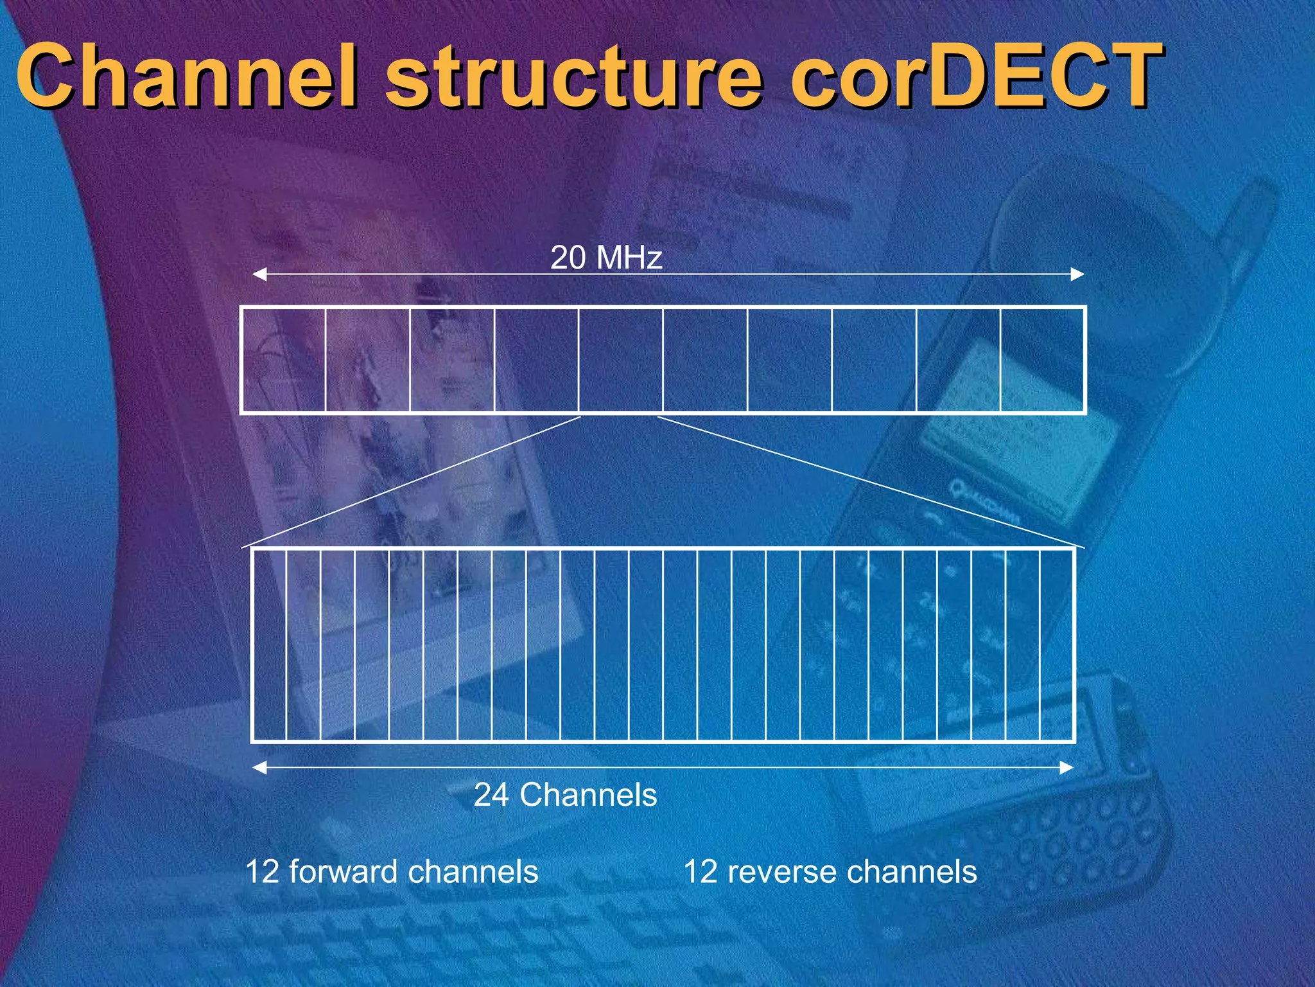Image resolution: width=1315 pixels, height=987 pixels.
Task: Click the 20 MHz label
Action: coord(606,258)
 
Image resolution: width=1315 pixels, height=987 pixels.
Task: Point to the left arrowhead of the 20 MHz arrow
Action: coord(259,275)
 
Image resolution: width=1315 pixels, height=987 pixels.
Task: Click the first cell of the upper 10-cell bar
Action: coord(284,360)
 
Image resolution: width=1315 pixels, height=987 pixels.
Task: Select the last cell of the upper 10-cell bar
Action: coord(1042,360)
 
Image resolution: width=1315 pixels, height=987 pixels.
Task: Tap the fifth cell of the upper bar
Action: coord(620,360)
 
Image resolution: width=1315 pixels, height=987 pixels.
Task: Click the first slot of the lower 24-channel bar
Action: coord(270,645)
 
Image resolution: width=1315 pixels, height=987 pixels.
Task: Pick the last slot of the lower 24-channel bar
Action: coord(1056,645)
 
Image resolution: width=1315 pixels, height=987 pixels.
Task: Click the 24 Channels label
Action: coord(565,795)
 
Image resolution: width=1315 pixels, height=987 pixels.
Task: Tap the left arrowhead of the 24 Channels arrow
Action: coord(259,767)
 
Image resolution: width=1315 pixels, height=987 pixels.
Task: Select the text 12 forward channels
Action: coord(391,872)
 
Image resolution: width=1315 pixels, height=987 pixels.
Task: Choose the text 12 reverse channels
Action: coord(830,872)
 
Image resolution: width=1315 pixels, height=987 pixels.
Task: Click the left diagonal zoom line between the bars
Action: coord(411,482)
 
